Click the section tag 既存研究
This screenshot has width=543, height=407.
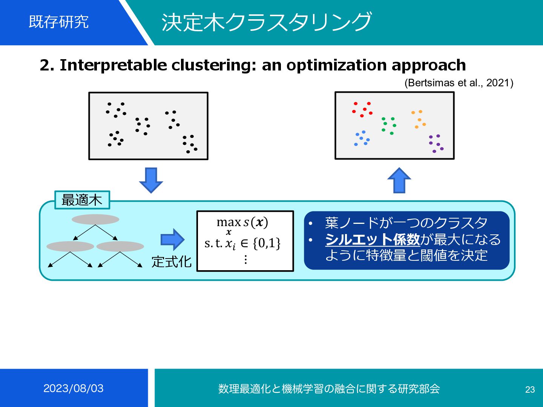pyautogui.click(x=59, y=22)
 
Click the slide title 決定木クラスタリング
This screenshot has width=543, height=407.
pyautogui.click(x=267, y=22)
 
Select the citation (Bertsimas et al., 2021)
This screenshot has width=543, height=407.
pyautogui.click(x=459, y=83)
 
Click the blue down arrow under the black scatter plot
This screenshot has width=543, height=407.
pyautogui.click(x=151, y=180)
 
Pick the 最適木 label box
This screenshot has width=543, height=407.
pyautogui.click(x=82, y=200)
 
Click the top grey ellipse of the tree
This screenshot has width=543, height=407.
pyautogui.click(x=95, y=219)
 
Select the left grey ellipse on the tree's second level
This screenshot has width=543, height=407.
pyautogui.click(x=70, y=246)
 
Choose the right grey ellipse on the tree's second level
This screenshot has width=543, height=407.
pyautogui.click(x=120, y=246)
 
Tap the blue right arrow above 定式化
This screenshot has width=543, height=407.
pyautogui.click(x=172, y=239)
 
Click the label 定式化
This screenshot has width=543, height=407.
pyautogui.click(x=172, y=262)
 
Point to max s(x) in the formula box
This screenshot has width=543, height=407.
pyautogui.click(x=242, y=222)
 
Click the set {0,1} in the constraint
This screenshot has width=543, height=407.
pyautogui.click(x=267, y=243)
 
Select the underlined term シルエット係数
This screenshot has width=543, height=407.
pyautogui.click(x=373, y=239)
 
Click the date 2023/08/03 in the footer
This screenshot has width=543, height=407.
pyautogui.click(x=74, y=388)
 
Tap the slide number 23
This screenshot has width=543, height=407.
pyautogui.click(x=530, y=389)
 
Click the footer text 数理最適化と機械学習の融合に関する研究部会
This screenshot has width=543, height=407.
pyautogui.click(x=329, y=389)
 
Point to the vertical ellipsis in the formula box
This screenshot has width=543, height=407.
pyautogui.click(x=245, y=259)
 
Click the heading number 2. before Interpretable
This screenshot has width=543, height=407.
pyautogui.click(x=47, y=65)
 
